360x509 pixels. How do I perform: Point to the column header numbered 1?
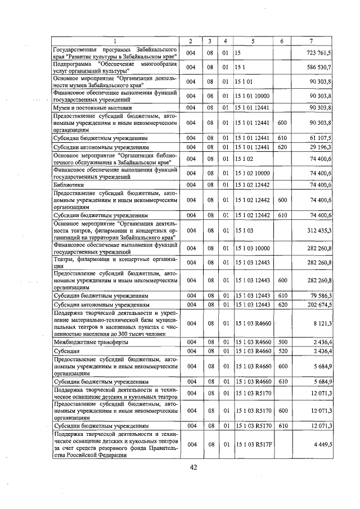coord(115,42)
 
